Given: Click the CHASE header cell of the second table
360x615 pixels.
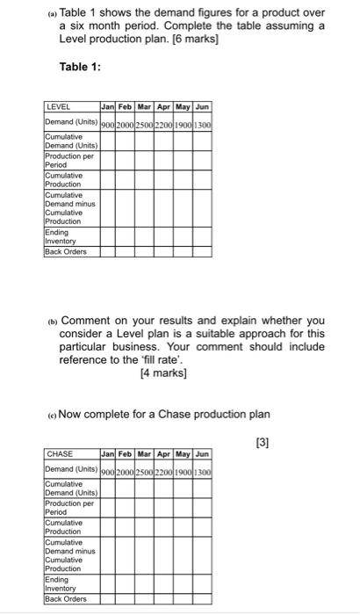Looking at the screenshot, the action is [60, 454].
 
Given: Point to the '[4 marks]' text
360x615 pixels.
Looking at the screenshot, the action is [164, 372].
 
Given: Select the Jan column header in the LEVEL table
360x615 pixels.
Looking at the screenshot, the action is [109, 106].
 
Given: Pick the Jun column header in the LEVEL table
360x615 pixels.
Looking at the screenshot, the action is [203, 106].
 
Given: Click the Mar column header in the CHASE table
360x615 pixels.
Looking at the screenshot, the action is [148, 454].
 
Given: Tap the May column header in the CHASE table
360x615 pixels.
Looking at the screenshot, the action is [184, 454].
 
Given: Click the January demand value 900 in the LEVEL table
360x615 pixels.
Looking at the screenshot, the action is [109, 124].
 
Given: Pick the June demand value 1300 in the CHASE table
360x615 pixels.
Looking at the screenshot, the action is [203, 471].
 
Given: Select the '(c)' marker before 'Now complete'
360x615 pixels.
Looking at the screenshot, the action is [50, 415].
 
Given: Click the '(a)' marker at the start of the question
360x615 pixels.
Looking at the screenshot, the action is [50, 14].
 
